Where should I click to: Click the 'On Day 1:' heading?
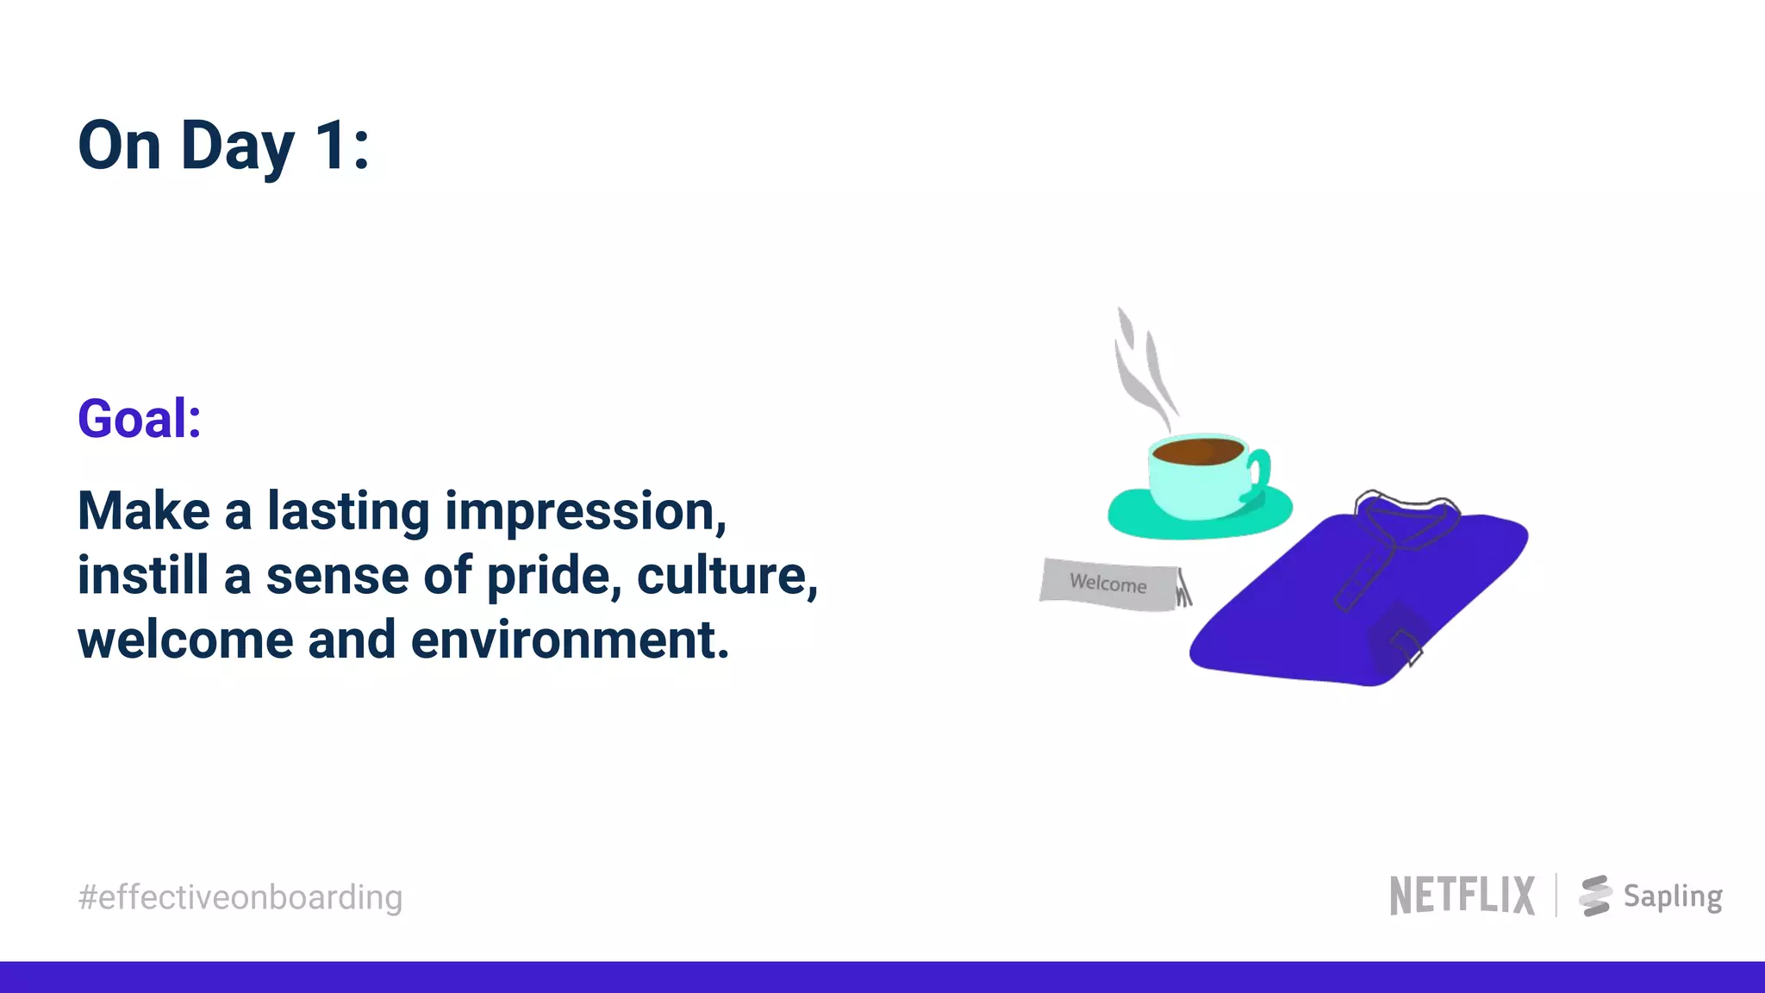(224, 146)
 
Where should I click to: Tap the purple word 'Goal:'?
(140, 419)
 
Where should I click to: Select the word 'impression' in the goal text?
(584, 511)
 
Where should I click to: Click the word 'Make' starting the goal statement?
(143, 511)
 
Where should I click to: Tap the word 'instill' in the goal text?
(143, 576)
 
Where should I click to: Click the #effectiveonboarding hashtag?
(240, 897)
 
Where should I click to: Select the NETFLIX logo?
(1462, 896)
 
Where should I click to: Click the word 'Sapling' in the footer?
(1673, 896)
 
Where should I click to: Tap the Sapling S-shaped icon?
(1595, 896)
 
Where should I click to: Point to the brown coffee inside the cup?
(1197, 451)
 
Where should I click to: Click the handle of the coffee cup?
(1259, 471)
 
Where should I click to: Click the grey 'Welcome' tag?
(1108, 584)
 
